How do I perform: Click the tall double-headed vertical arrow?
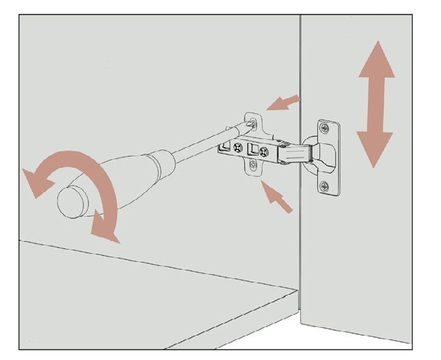coord(376,104)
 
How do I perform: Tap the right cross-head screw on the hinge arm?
coord(264,152)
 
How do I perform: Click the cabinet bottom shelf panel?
coord(152,287)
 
